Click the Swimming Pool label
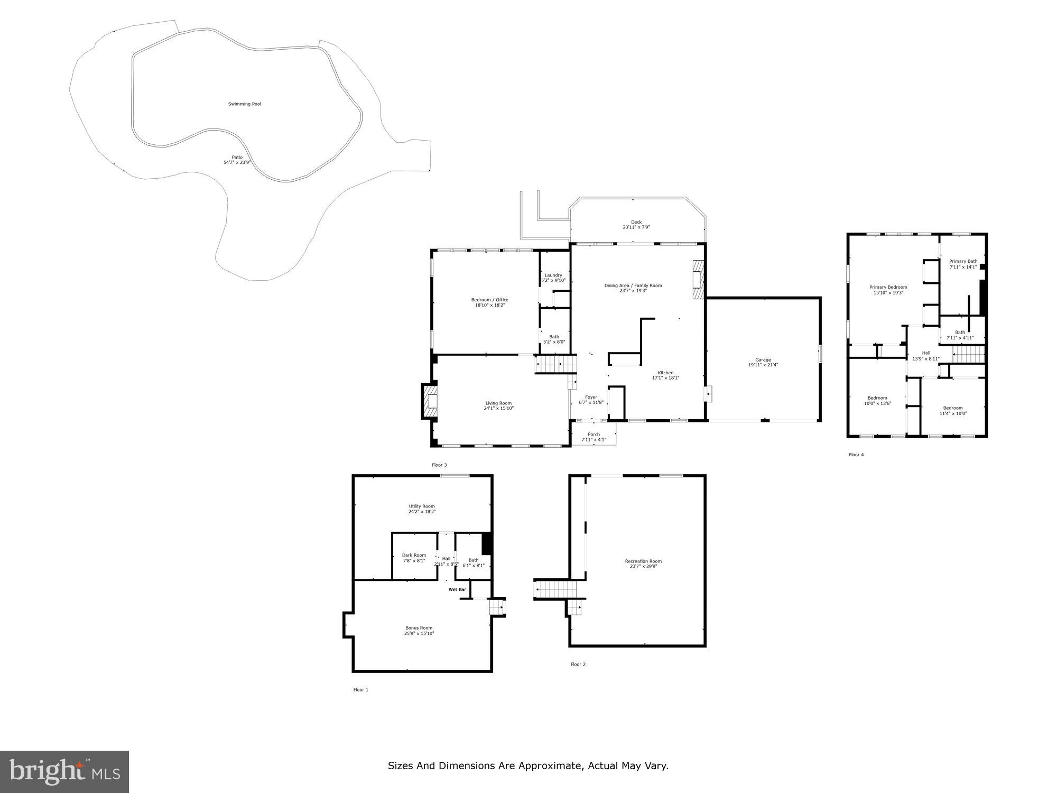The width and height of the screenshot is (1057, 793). pos(245,104)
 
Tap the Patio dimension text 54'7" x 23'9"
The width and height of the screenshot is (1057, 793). pos(237,162)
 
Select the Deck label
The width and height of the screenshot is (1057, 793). pos(636,222)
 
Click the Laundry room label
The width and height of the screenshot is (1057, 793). pos(553,275)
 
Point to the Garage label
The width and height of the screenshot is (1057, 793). pos(763,360)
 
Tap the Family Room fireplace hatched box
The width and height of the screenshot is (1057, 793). pos(699,280)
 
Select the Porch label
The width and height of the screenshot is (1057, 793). pos(594,435)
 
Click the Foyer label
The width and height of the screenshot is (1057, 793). pos(591,397)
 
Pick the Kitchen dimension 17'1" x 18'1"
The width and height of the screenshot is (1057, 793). pos(665,377)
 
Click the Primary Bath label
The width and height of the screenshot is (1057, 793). pos(963,261)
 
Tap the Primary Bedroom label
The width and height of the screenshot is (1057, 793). pos(888,287)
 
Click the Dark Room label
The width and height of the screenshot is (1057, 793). pos(414,555)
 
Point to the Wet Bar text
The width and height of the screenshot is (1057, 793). pos(457,589)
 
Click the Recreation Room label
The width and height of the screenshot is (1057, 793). pos(643,561)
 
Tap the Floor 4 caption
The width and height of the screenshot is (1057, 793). pos(856,455)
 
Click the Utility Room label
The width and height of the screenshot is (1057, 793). pos(422,506)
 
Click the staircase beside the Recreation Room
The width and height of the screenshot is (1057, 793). pos(554,589)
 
